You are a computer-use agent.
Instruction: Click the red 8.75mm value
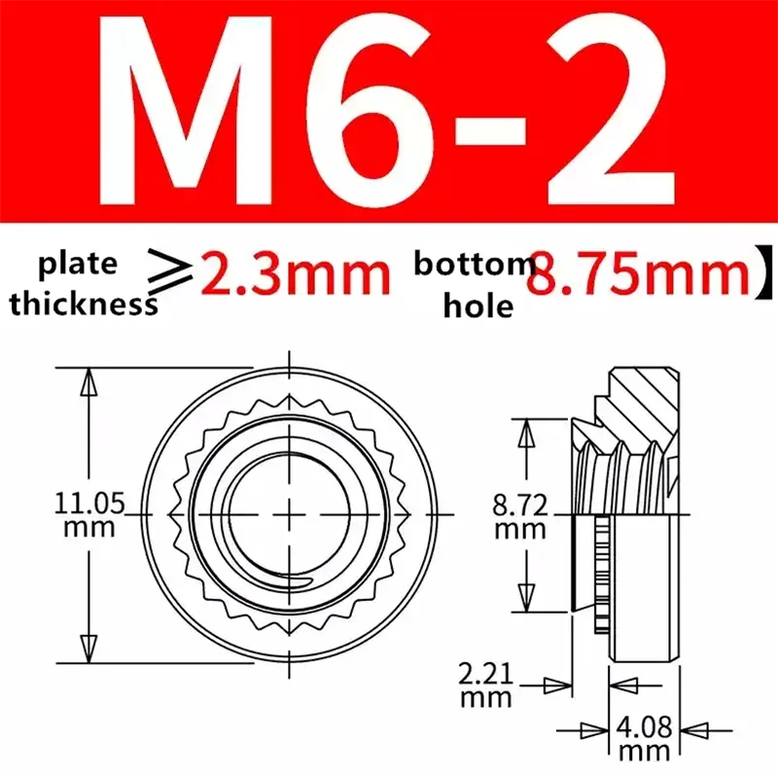(x=637, y=275)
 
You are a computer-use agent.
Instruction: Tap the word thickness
(x=84, y=302)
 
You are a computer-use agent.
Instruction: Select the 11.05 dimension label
(x=88, y=504)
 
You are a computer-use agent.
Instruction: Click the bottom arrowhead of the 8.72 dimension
(x=526, y=595)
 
